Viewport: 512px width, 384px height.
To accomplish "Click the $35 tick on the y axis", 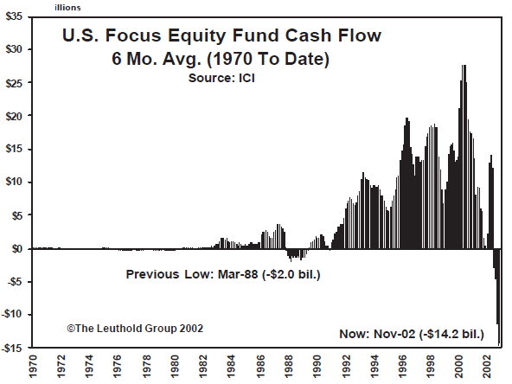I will point(16,16).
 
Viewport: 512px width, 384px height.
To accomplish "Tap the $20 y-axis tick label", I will point(16,116).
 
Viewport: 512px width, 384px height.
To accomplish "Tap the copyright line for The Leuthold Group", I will point(134,329).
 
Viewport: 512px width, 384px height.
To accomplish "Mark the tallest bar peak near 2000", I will point(464,67).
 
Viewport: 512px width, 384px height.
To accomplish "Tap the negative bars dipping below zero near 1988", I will point(295,255).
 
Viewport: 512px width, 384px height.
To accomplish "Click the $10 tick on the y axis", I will point(16,182).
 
